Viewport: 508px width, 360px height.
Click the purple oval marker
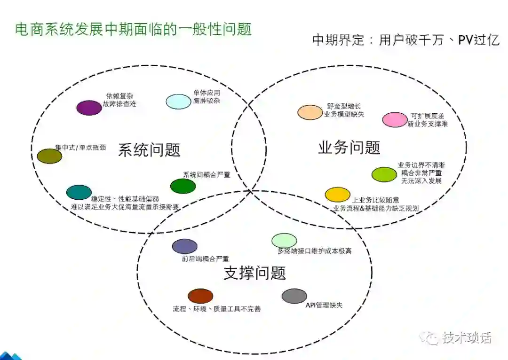89,108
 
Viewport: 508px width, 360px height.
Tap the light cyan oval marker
178,102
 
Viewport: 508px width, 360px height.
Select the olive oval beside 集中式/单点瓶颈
49,156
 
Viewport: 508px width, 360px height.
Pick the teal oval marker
79,192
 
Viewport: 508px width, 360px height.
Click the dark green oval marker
183,186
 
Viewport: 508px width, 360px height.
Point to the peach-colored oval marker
310,112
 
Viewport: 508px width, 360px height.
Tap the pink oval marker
395,120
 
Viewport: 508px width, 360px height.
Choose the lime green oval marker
385,174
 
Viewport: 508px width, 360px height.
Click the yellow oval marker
338,195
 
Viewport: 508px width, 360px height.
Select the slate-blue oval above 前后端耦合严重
185,246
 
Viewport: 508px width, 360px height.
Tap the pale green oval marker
284,241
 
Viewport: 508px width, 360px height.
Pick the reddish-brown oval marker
200,296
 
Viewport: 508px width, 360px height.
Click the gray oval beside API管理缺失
294,296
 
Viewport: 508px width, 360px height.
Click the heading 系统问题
149,150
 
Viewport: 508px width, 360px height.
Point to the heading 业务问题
349,148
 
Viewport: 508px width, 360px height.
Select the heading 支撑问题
254,273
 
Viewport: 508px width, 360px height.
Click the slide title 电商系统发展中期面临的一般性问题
134,29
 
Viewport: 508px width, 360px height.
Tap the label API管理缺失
324,305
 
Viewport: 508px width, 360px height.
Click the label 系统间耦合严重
206,175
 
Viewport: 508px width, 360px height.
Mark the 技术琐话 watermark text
466,337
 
